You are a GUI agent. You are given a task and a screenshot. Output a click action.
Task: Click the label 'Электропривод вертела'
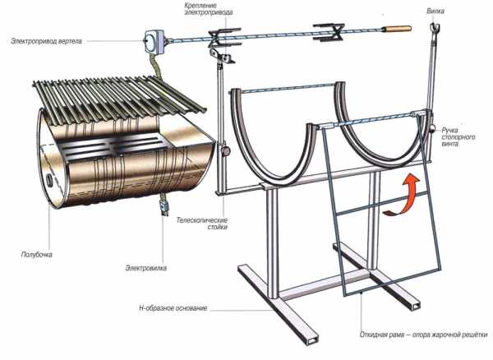pyautogui.click(x=47, y=41)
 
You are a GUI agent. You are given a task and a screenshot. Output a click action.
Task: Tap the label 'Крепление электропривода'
pyautogui.click(x=209, y=9)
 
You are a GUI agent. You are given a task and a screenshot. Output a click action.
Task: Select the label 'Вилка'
pyautogui.click(x=435, y=11)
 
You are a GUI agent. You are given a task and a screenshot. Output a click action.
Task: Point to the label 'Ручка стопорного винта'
pyautogui.click(x=458, y=136)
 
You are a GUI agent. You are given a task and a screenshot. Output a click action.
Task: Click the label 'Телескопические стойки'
pyautogui.click(x=202, y=224)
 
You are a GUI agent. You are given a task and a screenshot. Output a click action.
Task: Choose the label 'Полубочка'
pyautogui.click(x=36, y=254)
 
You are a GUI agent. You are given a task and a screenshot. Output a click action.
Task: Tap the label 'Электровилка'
pyautogui.click(x=146, y=268)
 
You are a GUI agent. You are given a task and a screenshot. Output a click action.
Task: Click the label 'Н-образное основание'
pyautogui.click(x=173, y=307)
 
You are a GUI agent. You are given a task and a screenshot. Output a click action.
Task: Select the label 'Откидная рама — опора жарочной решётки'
pyautogui.click(x=424, y=335)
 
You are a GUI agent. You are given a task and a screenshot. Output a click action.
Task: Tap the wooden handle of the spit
pyautogui.click(x=397, y=29)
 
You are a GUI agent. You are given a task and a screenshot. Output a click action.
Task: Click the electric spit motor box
pyautogui.click(x=154, y=42)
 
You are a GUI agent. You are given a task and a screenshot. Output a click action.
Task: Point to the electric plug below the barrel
pyautogui.click(x=164, y=205)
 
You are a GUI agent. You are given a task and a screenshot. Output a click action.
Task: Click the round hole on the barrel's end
pyautogui.click(x=49, y=181)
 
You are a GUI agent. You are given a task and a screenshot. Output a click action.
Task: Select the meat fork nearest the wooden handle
pyautogui.click(x=328, y=32)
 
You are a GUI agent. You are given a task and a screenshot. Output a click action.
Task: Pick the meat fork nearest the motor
pyautogui.click(x=223, y=38)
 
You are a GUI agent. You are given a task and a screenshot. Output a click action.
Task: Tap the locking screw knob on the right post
pyautogui.click(x=432, y=128)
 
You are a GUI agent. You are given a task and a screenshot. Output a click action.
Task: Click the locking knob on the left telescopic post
pyautogui.click(x=226, y=151)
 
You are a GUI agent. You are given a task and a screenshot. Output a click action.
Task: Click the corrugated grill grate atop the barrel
pyautogui.click(x=119, y=98)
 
